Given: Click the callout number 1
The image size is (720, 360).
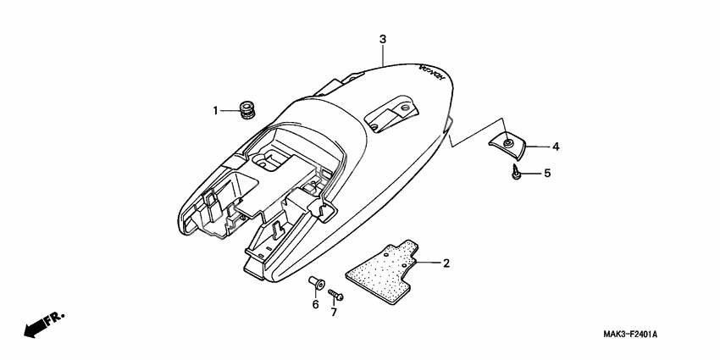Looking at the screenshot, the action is (215, 111).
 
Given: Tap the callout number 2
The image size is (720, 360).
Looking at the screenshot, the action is (446, 263).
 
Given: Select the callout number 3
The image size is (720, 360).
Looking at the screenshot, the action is (383, 40).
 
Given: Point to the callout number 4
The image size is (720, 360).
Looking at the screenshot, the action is (556, 147).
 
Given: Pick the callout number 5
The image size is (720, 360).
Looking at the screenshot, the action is (547, 173).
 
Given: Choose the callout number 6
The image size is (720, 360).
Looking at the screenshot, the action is (315, 304).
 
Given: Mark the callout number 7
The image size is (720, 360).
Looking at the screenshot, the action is (334, 313).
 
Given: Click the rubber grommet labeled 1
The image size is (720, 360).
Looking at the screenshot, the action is (248, 110).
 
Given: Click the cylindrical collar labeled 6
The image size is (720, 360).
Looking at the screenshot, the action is (317, 282).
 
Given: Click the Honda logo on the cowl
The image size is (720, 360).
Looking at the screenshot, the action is (432, 74).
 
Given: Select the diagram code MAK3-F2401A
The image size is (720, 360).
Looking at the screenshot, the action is (629, 335).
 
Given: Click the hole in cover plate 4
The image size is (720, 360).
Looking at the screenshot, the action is (507, 144).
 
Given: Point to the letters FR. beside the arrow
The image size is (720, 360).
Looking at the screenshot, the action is (56, 318).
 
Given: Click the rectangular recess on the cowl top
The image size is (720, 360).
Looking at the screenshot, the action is (391, 114).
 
